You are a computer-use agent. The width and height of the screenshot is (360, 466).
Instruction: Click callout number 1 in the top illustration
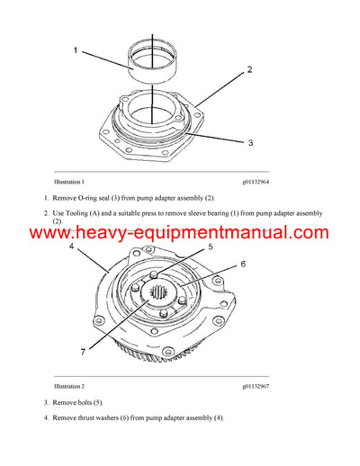(76, 52)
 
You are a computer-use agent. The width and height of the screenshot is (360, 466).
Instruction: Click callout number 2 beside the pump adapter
(249, 69)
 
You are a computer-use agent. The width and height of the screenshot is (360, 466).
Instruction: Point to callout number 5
(210, 246)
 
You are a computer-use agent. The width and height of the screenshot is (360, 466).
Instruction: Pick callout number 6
(242, 264)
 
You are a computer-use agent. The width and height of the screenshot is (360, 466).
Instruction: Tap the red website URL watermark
(180, 233)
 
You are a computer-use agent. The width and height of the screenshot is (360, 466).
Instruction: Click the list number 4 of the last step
(46, 417)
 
